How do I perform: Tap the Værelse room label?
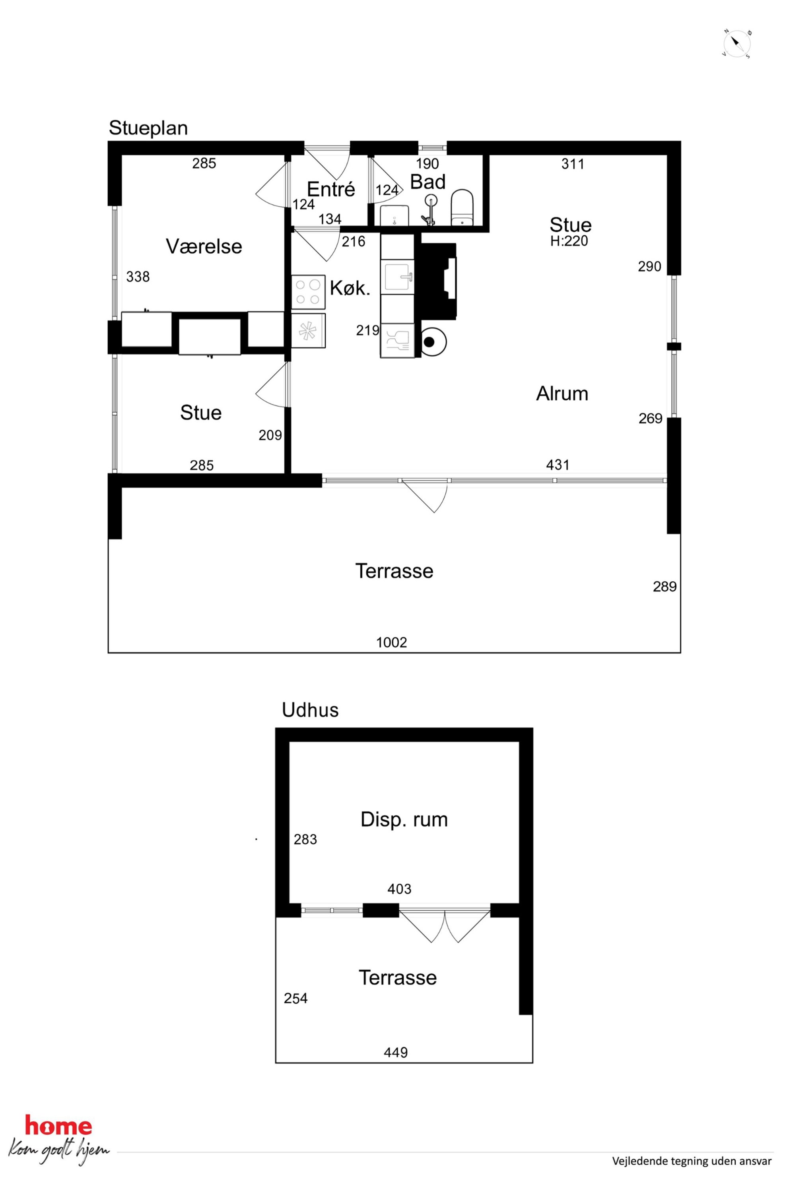pyautogui.click(x=204, y=246)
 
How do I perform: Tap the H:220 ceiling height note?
pyautogui.click(x=569, y=241)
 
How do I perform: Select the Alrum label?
pyautogui.click(x=562, y=393)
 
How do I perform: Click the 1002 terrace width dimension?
pyautogui.click(x=391, y=642)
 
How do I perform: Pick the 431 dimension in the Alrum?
pyautogui.click(x=558, y=465)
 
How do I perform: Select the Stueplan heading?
pyautogui.click(x=148, y=128)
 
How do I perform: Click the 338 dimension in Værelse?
pyautogui.click(x=138, y=277)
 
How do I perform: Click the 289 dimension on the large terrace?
pyautogui.click(x=665, y=586)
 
